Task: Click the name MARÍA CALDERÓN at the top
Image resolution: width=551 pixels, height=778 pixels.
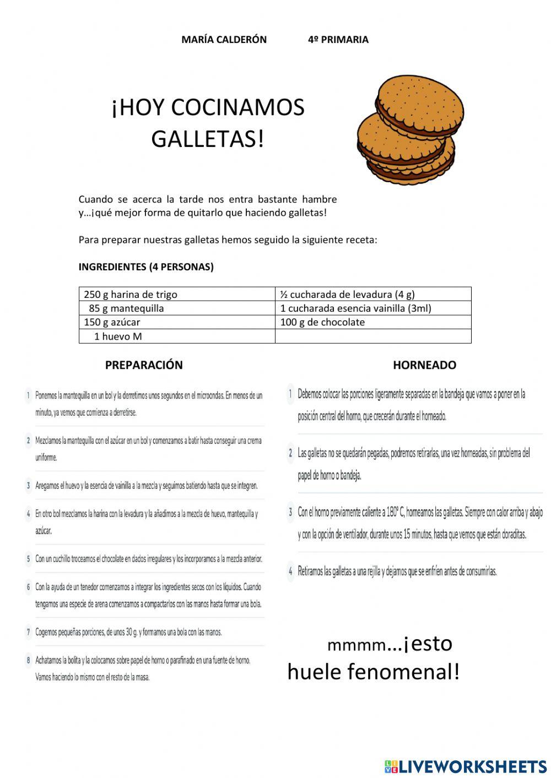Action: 224,40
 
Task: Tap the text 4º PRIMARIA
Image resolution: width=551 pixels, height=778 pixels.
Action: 338,40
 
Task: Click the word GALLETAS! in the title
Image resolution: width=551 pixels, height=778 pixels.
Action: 208,139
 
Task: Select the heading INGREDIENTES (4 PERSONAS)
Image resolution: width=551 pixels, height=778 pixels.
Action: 146,267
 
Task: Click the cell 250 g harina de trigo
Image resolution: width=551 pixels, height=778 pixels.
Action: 131,294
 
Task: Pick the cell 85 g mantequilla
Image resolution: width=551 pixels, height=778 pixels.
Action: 126,308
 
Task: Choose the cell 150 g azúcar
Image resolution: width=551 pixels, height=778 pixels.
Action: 112,322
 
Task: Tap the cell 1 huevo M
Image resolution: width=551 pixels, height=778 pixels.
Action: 118,336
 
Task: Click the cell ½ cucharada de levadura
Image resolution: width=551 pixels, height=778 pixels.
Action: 347,294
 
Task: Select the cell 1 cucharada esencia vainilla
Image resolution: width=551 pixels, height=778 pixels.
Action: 355,308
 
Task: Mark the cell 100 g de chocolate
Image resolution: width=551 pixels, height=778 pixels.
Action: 322,322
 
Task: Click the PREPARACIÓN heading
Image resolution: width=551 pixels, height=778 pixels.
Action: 144,365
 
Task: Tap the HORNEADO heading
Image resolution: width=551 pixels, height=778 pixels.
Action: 424,365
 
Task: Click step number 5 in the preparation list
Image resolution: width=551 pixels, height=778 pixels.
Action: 28,559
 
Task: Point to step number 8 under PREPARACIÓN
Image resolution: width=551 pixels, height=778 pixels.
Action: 28,660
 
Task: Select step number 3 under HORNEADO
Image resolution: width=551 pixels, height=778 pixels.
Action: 290,512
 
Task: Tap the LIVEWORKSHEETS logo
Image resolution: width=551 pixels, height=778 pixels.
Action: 465,766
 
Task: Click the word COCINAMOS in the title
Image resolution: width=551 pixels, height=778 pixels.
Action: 238,107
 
